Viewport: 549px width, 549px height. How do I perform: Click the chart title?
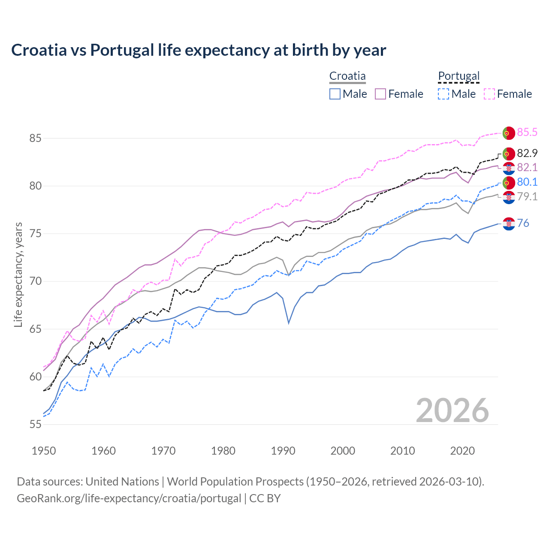199,50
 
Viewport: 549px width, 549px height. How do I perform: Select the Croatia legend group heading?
347,76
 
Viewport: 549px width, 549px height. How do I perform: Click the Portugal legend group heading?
459,76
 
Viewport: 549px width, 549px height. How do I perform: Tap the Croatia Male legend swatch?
335,94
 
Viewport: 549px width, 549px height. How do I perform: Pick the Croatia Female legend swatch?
380,94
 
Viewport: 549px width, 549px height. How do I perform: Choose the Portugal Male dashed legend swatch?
443,94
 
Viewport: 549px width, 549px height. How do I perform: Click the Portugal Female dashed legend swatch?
489,94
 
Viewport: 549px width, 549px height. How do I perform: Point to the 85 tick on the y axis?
35,139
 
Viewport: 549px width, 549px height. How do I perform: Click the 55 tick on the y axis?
35,425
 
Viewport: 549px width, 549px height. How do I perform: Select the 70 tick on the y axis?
35,281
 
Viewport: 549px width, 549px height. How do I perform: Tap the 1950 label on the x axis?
44,451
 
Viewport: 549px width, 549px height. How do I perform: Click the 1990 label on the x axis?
283,451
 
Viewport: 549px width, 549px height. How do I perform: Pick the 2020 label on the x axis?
462,451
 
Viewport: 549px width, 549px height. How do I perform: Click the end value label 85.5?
527,132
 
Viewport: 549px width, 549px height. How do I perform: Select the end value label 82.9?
527,153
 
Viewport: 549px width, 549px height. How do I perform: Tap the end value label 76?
523,223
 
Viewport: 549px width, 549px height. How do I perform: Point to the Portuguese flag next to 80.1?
509,182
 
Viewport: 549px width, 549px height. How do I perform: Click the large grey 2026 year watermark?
452,410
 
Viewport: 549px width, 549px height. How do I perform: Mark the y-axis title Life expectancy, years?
18,274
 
